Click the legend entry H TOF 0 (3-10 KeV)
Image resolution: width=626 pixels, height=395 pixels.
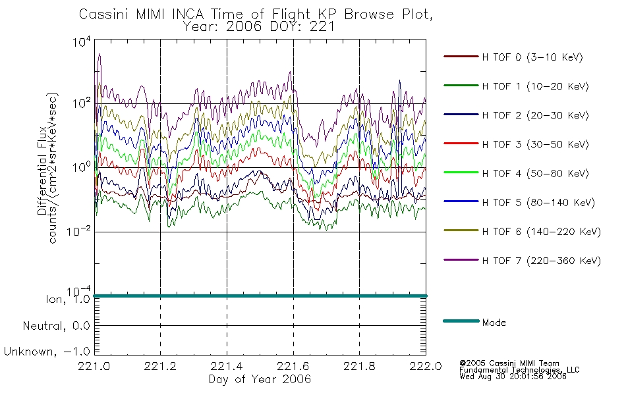pos(532,57)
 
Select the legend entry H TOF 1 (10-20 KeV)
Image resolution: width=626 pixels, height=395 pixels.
pos(535,86)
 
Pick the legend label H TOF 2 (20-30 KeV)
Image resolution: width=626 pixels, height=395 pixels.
pos(535,115)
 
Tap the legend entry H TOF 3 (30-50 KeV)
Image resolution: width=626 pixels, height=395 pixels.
pos(535,144)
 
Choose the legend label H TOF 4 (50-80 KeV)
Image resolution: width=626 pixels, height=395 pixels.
pos(535,174)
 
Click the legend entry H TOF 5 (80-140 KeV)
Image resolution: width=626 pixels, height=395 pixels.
pos(538,203)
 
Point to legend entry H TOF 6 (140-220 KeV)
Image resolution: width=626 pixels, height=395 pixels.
pos(541,232)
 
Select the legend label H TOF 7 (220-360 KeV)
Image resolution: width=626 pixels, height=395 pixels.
pos(541,261)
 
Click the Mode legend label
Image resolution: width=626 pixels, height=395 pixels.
pos(494,323)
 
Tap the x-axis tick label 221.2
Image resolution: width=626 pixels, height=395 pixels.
pos(160,366)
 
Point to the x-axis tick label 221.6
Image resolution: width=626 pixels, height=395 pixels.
pos(293,366)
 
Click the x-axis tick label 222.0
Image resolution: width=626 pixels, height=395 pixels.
pos(426,366)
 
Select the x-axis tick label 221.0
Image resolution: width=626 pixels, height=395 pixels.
pos(94,366)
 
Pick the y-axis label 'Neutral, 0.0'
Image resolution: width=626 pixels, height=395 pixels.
pos(56,326)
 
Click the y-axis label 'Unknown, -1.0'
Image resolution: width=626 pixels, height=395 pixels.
pos(47,352)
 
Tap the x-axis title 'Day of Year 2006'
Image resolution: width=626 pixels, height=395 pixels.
pos(260,379)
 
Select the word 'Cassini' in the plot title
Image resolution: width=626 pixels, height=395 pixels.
pos(104,14)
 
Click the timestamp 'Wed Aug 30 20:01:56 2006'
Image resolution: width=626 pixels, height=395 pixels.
pos(513,377)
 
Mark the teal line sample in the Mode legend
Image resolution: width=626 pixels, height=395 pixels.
pos(461,321)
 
